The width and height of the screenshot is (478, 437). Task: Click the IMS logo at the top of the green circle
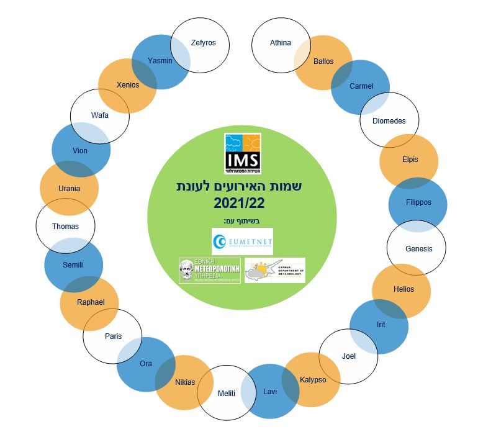click(x=242, y=153)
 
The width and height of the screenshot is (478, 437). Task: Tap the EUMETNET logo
click(x=242, y=241)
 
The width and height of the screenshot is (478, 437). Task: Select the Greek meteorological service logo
click(x=209, y=271)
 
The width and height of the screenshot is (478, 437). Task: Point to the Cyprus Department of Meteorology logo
click(x=275, y=271)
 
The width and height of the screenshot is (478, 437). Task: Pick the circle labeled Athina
click(x=281, y=43)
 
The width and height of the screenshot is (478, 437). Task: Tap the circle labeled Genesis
click(x=418, y=248)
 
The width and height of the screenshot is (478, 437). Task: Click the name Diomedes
click(x=389, y=121)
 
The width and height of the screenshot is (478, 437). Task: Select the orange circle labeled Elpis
click(x=410, y=160)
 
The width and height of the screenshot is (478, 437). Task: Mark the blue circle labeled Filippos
click(x=418, y=202)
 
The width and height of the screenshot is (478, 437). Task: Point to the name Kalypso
click(x=312, y=380)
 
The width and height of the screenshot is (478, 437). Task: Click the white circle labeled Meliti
click(x=227, y=394)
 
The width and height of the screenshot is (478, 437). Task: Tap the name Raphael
click(x=91, y=302)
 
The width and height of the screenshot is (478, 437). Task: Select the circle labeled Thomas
click(x=66, y=227)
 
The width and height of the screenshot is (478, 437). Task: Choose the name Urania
click(x=69, y=188)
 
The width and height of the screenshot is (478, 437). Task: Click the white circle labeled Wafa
click(x=100, y=115)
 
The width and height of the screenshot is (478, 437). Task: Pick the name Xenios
click(x=128, y=85)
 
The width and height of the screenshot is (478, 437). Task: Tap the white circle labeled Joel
click(x=349, y=356)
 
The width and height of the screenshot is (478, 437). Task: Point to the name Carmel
click(x=361, y=86)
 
